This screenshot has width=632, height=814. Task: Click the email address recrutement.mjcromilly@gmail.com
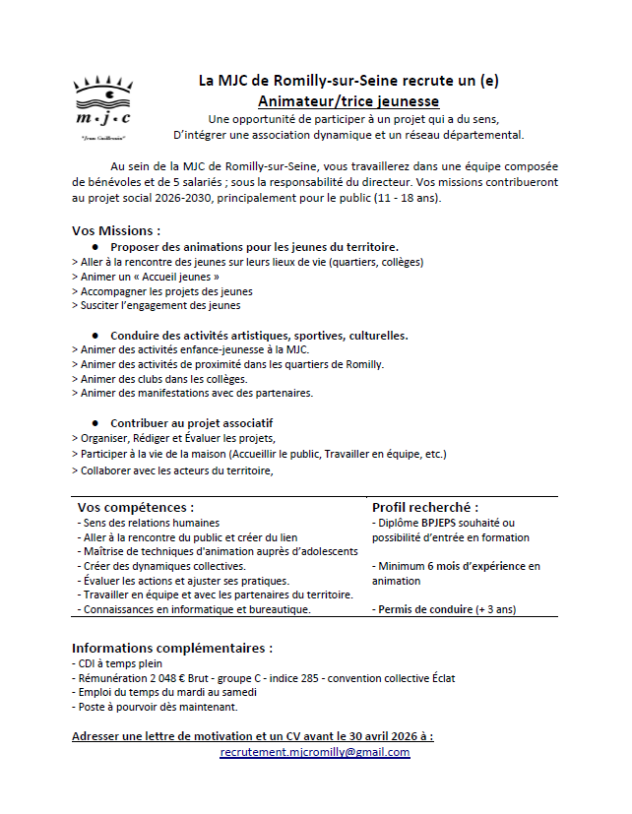tap(315, 752)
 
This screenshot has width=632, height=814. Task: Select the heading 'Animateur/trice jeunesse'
tap(348, 100)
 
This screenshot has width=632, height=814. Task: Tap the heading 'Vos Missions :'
tap(116, 231)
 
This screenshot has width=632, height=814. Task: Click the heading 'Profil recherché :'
tap(425, 507)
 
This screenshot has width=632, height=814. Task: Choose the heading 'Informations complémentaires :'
tap(172, 649)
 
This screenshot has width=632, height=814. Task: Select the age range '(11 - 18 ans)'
tap(405, 197)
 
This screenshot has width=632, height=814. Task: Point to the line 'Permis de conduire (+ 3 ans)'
tap(444, 609)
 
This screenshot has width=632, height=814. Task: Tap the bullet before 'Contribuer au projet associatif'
tap(95, 422)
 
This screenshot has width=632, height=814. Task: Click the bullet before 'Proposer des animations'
tap(95, 246)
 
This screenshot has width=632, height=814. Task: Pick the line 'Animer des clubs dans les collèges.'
tap(159, 379)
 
